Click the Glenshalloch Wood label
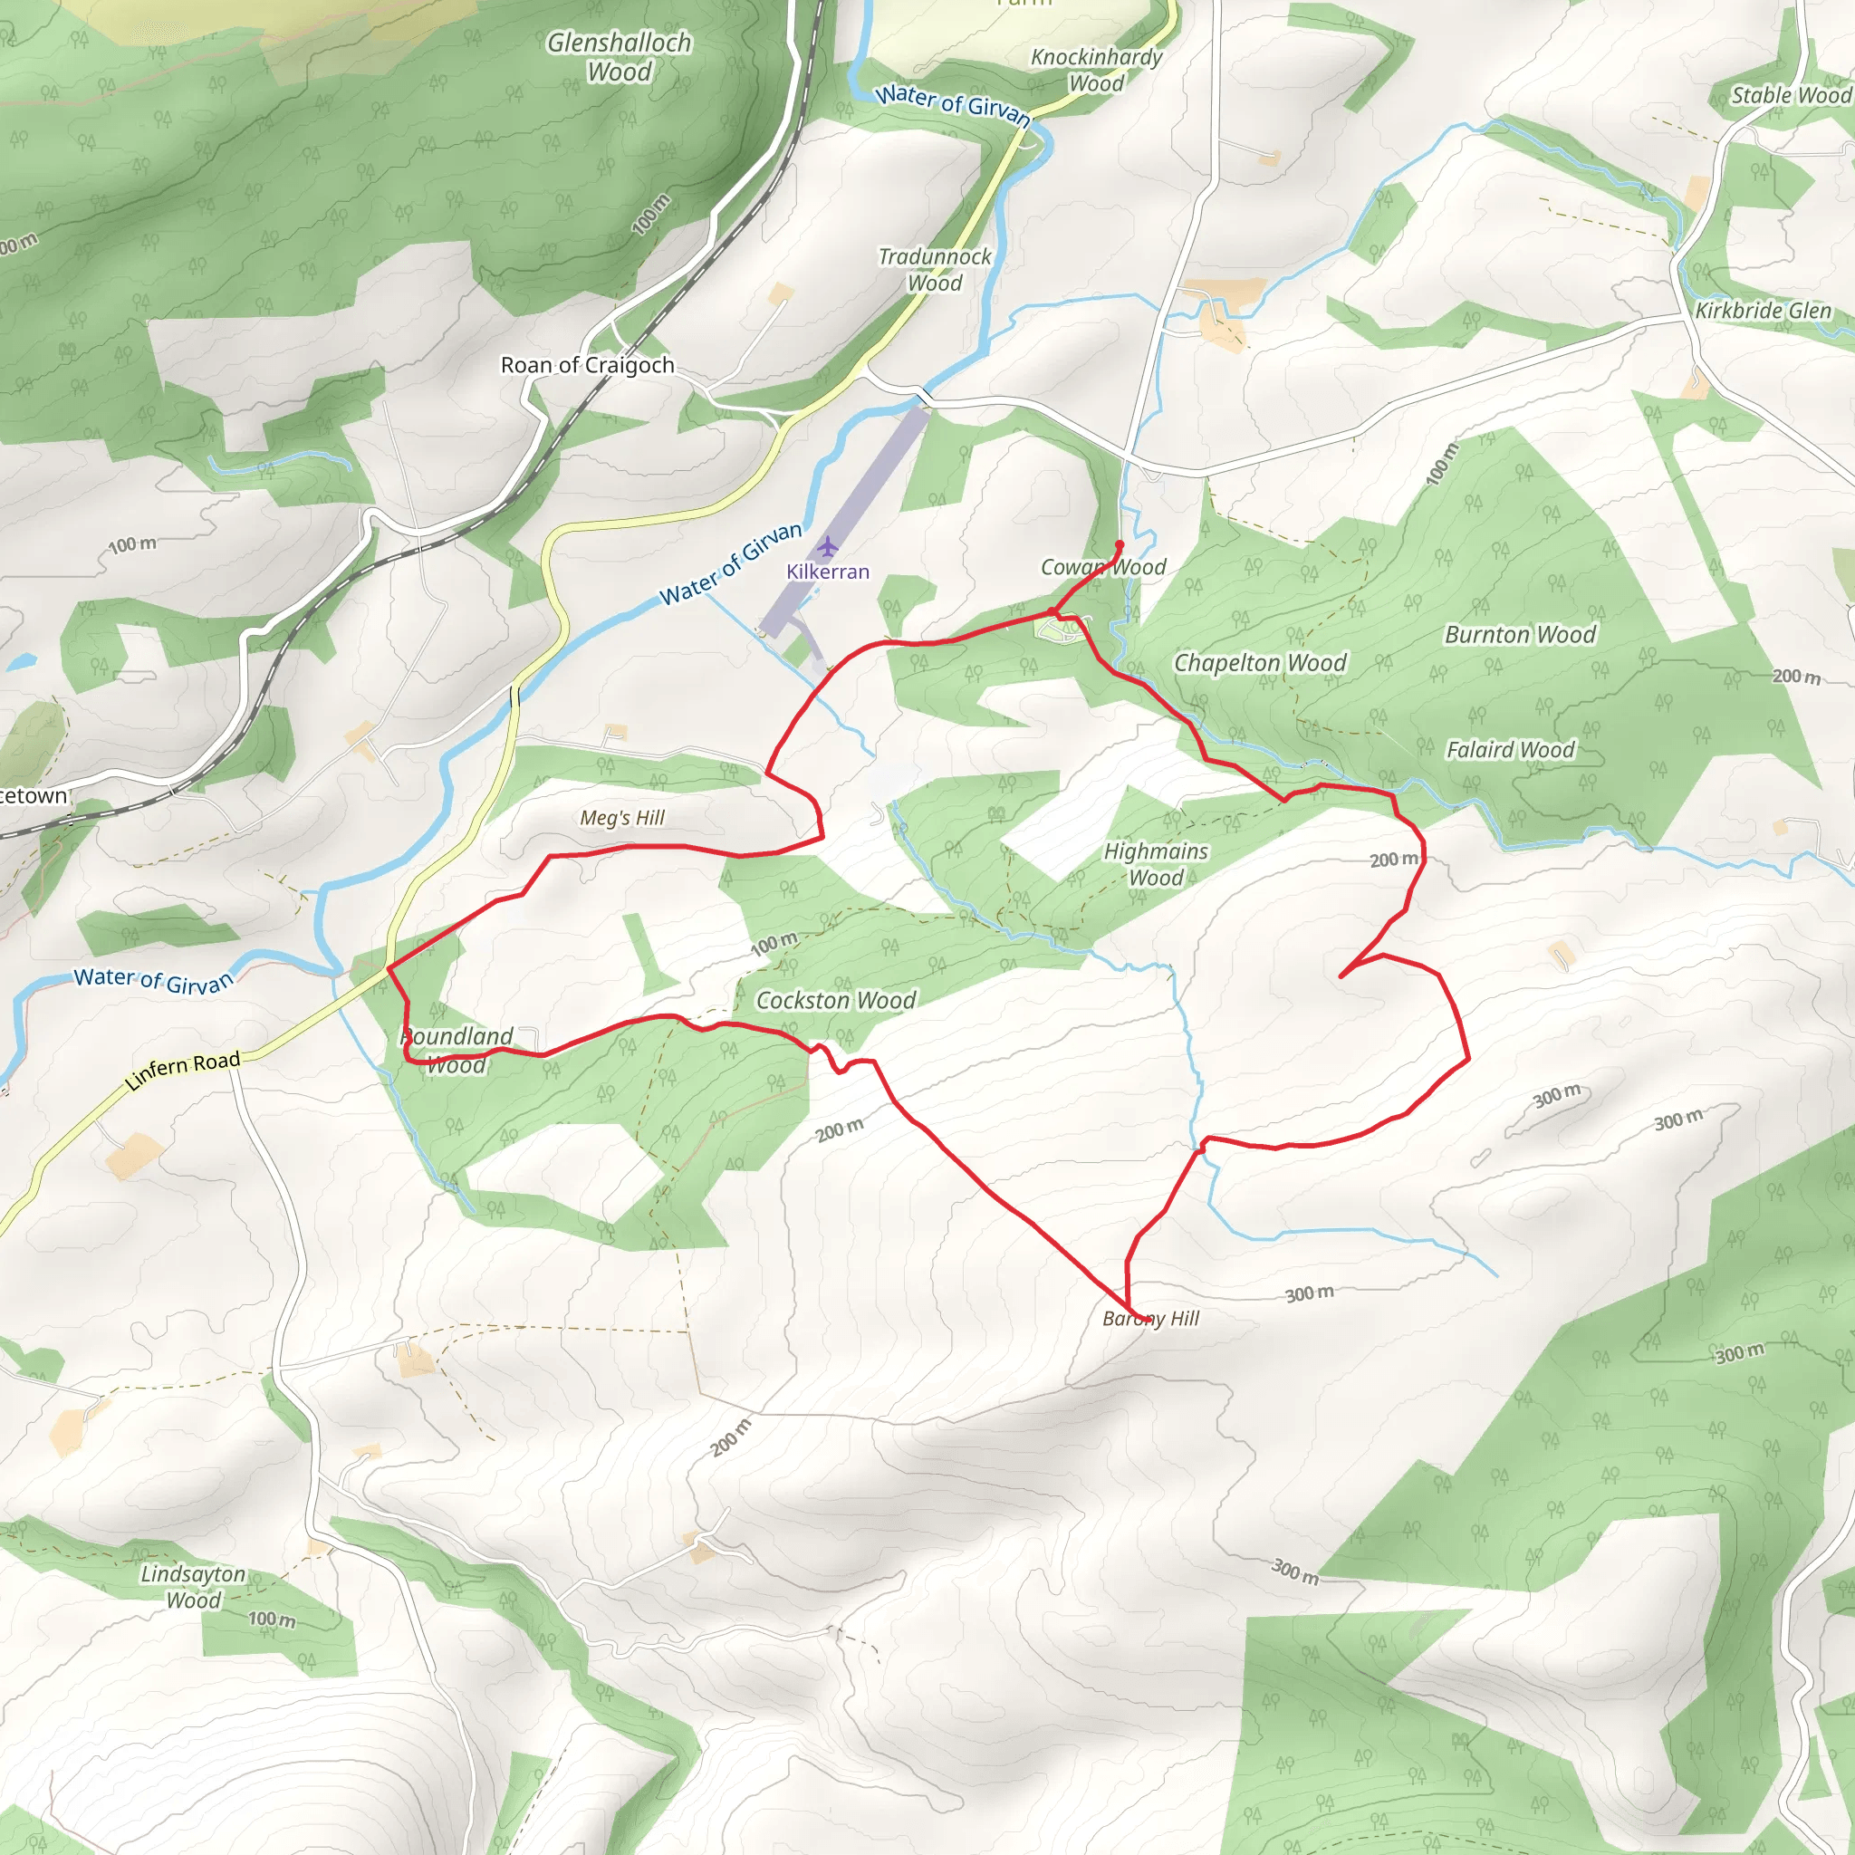click(620, 57)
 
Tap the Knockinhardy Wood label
click(1097, 70)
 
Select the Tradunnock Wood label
click(934, 270)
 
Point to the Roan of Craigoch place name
click(588, 365)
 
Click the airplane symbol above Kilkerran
click(828, 547)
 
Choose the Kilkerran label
click(828, 572)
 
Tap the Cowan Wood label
click(1103, 567)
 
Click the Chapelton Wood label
click(1260, 663)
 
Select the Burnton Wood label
click(1520, 635)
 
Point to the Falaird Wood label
click(1510, 750)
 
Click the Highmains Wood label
click(1156, 864)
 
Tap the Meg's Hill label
click(622, 818)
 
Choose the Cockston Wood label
click(835, 1001)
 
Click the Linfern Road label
click(182, 1071)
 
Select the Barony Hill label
click(1150, 1318)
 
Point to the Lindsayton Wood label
click(193, 1586)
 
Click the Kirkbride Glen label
click(1763, 311)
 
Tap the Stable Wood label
click(1791, 95)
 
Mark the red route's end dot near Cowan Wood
click(1119, 545)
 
